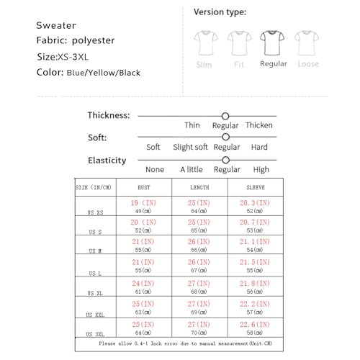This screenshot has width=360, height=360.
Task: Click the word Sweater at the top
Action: click(56, 26)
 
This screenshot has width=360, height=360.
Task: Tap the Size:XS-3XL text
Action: click(66, 56)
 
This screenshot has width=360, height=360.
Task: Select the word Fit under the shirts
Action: click(238, 64)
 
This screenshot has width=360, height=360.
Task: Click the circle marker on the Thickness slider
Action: click(225, 115)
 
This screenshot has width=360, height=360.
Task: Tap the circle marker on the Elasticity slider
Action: click(225, 160)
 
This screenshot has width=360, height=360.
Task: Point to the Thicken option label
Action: click(259, 125)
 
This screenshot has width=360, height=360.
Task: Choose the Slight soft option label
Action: click(191, 147)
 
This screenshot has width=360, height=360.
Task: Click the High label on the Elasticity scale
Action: click(261, 170)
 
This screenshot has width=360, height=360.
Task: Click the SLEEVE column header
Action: click(255, 186)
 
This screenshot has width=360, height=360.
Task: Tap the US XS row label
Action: click(96, 213)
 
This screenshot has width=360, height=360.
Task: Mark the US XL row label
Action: click(96, 294)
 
